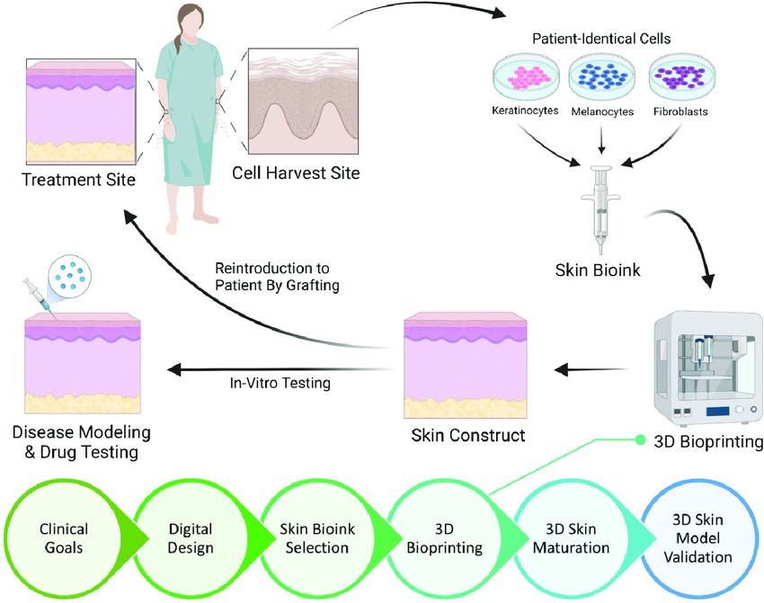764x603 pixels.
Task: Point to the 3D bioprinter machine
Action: point(704,364)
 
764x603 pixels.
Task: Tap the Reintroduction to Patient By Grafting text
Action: point(271,278)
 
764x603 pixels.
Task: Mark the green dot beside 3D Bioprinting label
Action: point(640,439)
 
